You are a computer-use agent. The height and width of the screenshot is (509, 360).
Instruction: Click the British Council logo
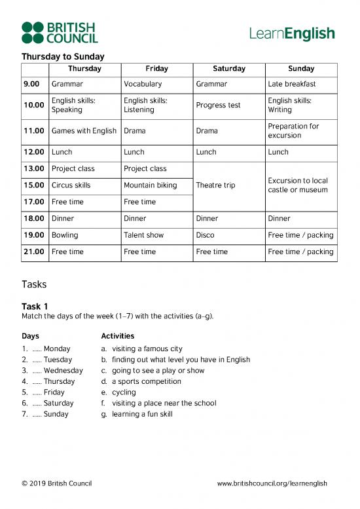coord(59,33)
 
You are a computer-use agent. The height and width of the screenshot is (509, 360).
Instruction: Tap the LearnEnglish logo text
coord(292,33)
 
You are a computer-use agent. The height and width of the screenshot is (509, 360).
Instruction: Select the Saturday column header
coord(229,69)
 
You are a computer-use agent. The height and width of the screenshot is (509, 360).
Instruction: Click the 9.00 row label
coord(31,84)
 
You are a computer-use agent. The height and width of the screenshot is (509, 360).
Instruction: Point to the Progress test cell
coord(218,105)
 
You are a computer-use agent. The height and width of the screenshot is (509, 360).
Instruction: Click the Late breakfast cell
coord(292,84)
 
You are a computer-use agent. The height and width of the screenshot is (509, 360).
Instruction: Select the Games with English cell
coord(84,131)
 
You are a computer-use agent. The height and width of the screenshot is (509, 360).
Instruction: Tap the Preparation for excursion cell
coord(293,131)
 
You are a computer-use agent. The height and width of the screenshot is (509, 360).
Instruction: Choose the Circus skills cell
coord(71,185)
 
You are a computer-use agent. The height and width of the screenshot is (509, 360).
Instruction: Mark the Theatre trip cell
coord(215,185)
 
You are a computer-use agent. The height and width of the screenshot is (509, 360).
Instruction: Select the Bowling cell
coord(65,235)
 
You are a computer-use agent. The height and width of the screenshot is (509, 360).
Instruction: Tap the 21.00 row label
coord(33,252)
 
